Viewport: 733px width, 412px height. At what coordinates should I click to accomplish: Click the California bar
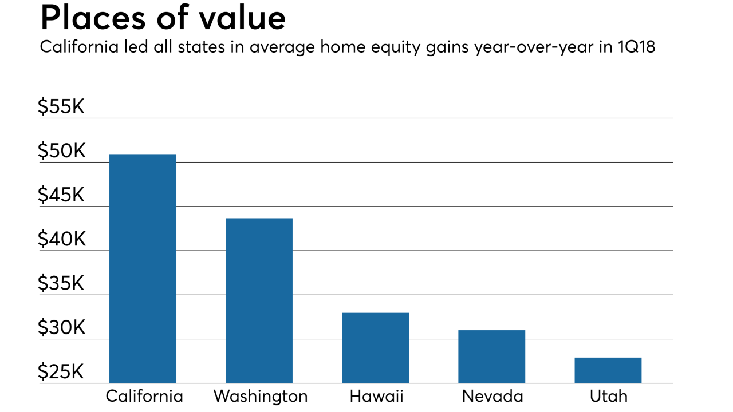coord(143,268)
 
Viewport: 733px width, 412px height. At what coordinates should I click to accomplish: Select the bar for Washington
coord(259,300)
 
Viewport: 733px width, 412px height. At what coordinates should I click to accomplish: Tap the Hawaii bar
coord(375,347)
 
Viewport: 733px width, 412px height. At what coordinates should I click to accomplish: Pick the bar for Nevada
coord(491,356)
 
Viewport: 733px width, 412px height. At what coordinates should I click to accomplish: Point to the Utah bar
coord(608,370)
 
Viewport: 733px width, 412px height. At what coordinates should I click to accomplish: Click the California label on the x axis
coord(144,397)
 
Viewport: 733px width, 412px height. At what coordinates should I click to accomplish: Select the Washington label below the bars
coord(261,397)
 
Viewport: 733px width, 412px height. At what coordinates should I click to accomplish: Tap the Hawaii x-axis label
coord(376,397)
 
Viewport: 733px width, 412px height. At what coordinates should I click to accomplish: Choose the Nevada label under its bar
coord(492,397)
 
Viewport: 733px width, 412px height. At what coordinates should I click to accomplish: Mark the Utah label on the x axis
coord(608,397)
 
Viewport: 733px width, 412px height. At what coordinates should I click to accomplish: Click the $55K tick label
coord(61,107)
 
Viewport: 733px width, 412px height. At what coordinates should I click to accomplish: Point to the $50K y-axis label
coord(61,152)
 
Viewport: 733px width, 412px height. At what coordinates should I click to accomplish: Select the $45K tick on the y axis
coord(61,196)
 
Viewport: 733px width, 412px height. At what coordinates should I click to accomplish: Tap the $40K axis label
coord(61,240)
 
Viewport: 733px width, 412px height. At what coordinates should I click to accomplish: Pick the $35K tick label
coord(61,284)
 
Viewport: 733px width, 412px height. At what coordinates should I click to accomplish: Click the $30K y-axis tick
coord(61,328)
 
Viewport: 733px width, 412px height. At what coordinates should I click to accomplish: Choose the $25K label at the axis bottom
coord(61,373)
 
